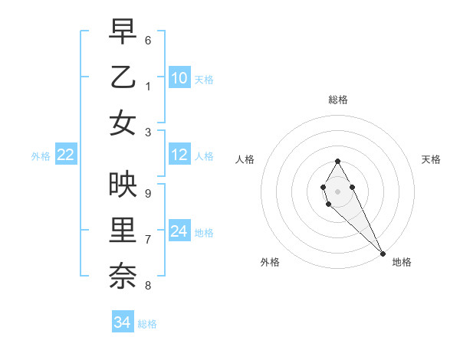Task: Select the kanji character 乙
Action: click(x=123, y=77)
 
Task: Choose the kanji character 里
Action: click(x=123, y=231)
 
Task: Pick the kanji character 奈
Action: click(x=123, y=277)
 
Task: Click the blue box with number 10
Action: click(x=179, y=78)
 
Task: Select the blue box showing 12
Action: click(x=179, y=155)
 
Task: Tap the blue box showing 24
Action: click(x=179, y=231)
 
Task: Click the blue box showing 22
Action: click(x=66, y=155)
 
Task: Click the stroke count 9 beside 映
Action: click(x=148, y=194)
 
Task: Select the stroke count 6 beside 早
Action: click(x=148, y=40)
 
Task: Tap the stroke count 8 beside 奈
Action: click(x=148, y=286)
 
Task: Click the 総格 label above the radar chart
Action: click(x=338, y=100)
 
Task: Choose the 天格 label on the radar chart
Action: click(x=431, y=159)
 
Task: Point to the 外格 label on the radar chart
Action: click(x=270, y=262)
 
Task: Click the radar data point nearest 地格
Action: click(x=383, y=254)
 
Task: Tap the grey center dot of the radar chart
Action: click(x=338, y=191)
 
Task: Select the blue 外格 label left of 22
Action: click(x=41, y=156)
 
